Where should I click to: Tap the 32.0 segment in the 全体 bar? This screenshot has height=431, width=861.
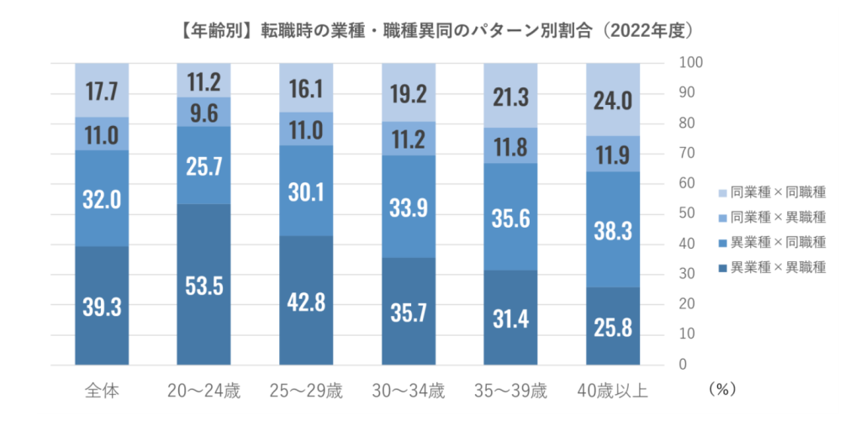pos(102,197)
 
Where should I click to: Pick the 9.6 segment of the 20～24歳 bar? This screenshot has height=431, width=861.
pos(204,111)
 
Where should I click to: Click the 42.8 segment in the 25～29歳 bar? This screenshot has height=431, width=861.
pos(306,300)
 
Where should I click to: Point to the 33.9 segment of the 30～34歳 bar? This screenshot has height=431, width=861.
pos(409,206)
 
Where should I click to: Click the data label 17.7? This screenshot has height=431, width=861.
pos(102,91)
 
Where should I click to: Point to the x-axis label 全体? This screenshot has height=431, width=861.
pos(102,391)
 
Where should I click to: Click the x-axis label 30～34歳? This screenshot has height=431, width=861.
pos(409,391)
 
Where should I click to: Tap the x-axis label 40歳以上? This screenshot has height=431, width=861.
pos(613,391)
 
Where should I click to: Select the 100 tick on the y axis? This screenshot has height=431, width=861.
pos(689,63)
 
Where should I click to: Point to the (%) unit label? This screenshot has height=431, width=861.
pos(722,391)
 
